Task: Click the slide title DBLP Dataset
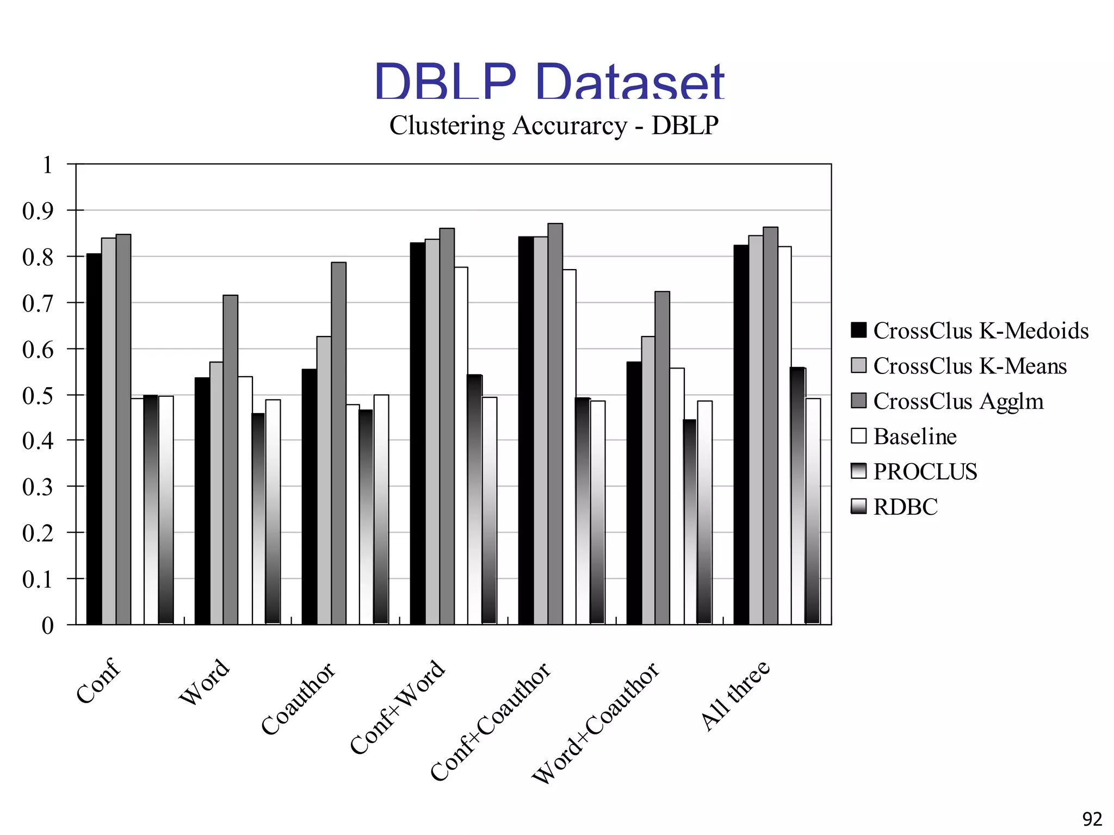tap(549, 82)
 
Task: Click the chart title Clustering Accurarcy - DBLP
tap(554, 126)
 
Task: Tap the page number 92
tap(1092, 819)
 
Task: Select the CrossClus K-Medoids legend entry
tap(969, 331)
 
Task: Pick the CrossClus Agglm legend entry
tap(947, 402)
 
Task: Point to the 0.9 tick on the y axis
tap(38, 211)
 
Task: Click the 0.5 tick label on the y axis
tap(38, 396)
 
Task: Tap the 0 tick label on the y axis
tap(47, 626)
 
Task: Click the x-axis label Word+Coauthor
tap(596, 723)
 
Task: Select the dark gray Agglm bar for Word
tap(230, 459)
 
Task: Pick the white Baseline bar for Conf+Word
tap(461, 445)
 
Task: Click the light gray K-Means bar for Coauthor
tap(324, 480)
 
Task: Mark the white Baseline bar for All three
tap(784, 435)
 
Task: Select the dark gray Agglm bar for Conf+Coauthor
tap(555, 423)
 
